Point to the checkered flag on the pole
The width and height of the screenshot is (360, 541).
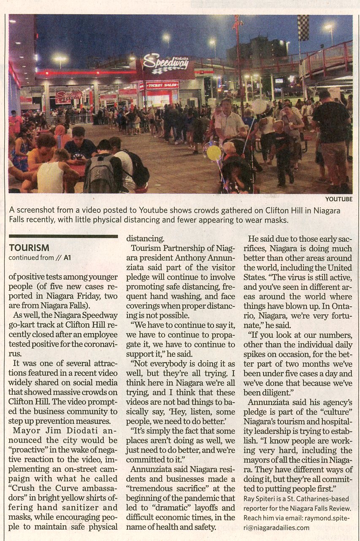click(303, 28)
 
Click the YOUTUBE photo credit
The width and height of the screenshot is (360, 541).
click(338, 199)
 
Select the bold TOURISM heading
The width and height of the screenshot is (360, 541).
click(29, 248)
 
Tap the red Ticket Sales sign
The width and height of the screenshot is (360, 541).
click(160, 85)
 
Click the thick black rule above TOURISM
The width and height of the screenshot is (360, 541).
click(63, 236)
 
